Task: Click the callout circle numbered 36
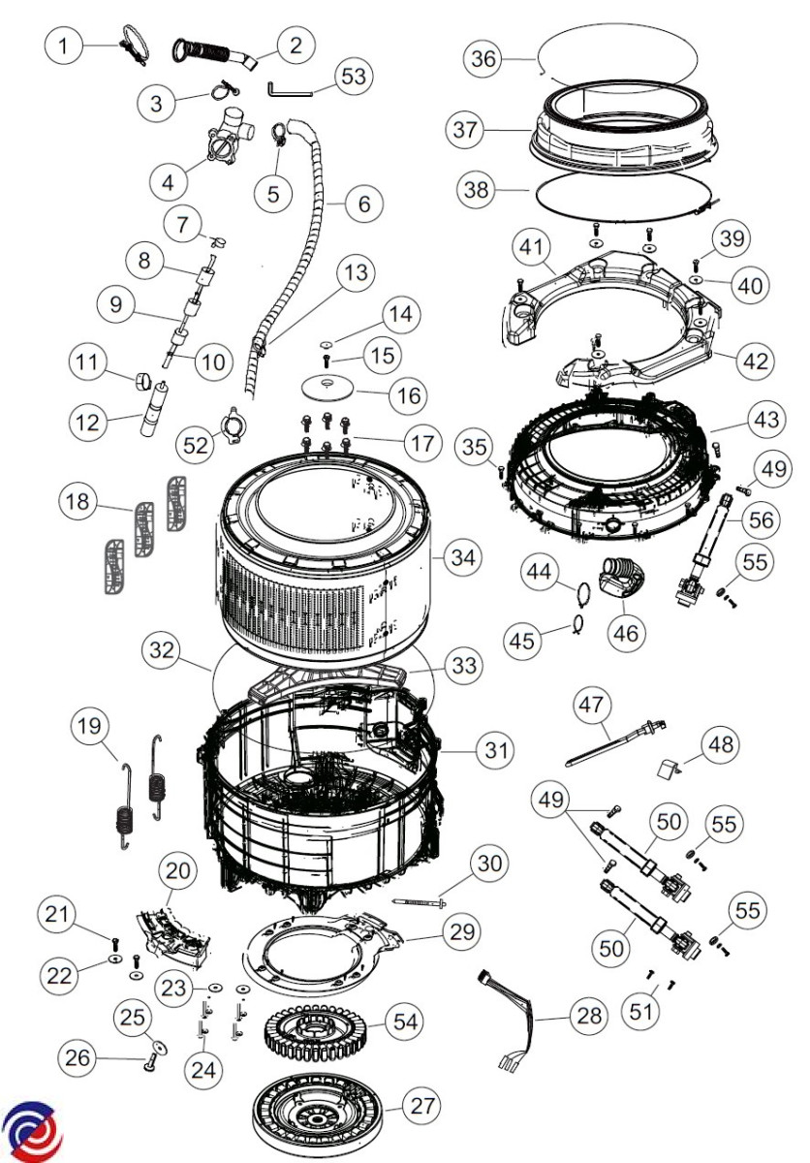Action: tap(483, 59)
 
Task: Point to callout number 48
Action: tap(718, 744)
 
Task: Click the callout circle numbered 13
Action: tap(356, 273)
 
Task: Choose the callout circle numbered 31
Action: tap(495, 749)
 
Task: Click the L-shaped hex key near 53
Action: tap(288, 89)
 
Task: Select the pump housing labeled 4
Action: tap(224, 143)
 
